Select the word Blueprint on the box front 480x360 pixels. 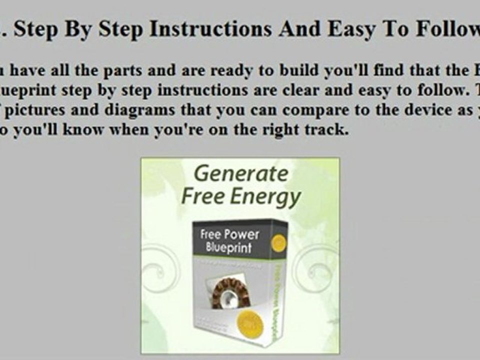pos(228,248)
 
